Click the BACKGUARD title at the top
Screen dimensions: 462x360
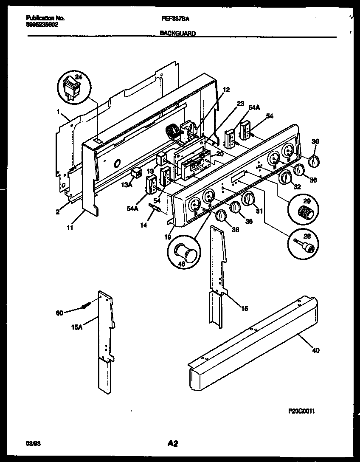click(x=178, y=34)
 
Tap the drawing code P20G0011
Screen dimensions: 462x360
click(x=301, y=411)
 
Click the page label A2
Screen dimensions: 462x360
click(x=172, y=444)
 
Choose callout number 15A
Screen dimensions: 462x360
click(x=78, y=327)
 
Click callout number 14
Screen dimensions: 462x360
click(x=144, y=225)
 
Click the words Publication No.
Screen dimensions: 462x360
click(x=45, y=18)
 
